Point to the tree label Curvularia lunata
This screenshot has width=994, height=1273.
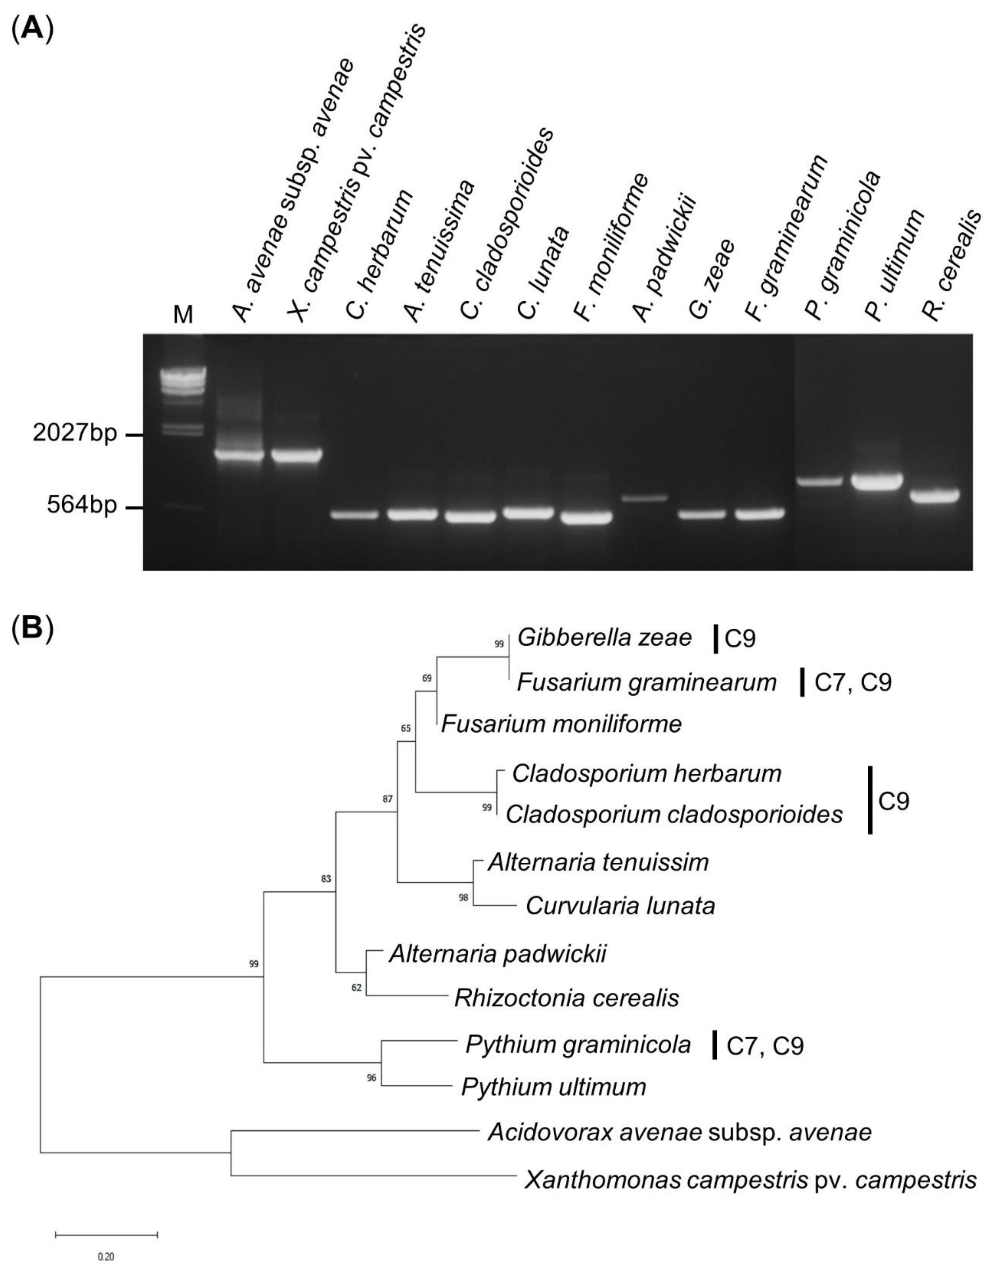(x=620, y=906)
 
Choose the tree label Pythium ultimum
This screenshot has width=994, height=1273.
(x=554, y=1087)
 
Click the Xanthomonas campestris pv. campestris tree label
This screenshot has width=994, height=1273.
(x=750, y=1180)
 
